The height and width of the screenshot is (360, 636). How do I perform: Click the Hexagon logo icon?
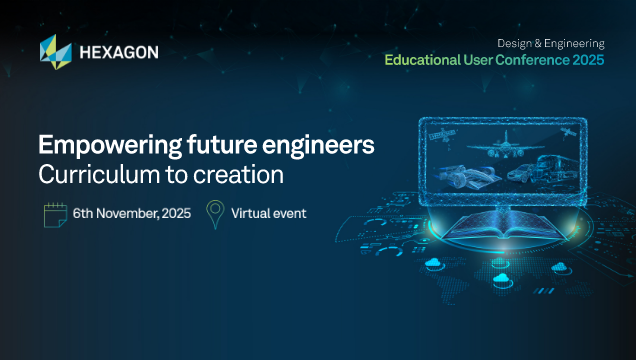54,49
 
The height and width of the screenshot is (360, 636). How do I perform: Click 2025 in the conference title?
587,60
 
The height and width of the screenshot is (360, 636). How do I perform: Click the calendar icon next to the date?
53,213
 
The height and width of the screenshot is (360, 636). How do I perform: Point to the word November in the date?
133,213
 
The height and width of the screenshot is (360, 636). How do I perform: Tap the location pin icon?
214,213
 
